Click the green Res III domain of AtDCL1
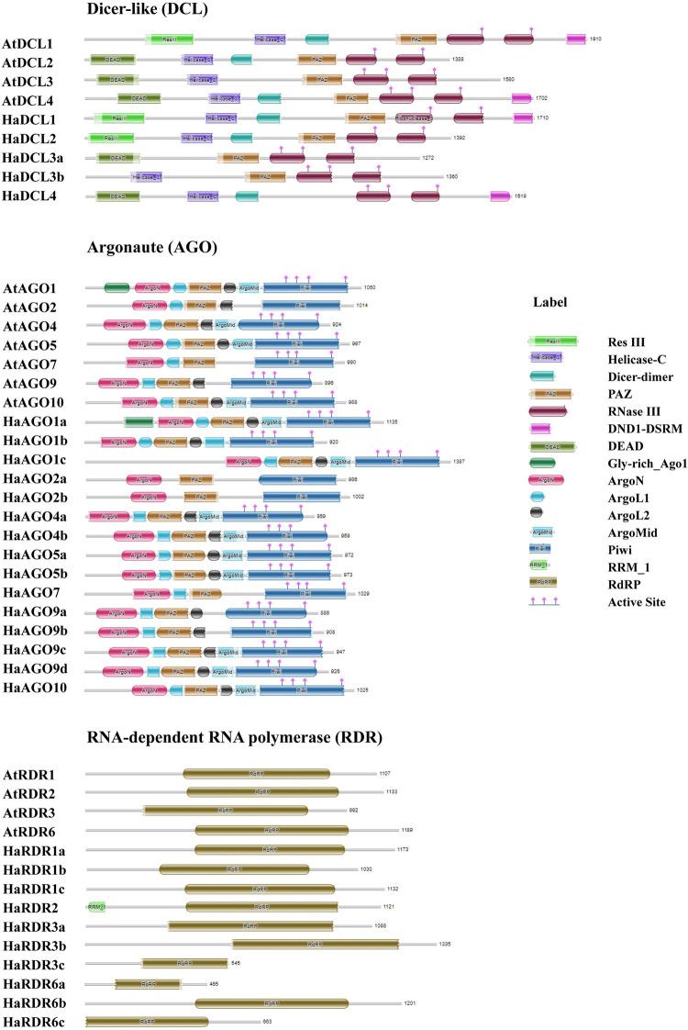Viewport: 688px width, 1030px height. [x=170, y=40]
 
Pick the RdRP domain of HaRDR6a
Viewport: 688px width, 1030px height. [x=148, y=983]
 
